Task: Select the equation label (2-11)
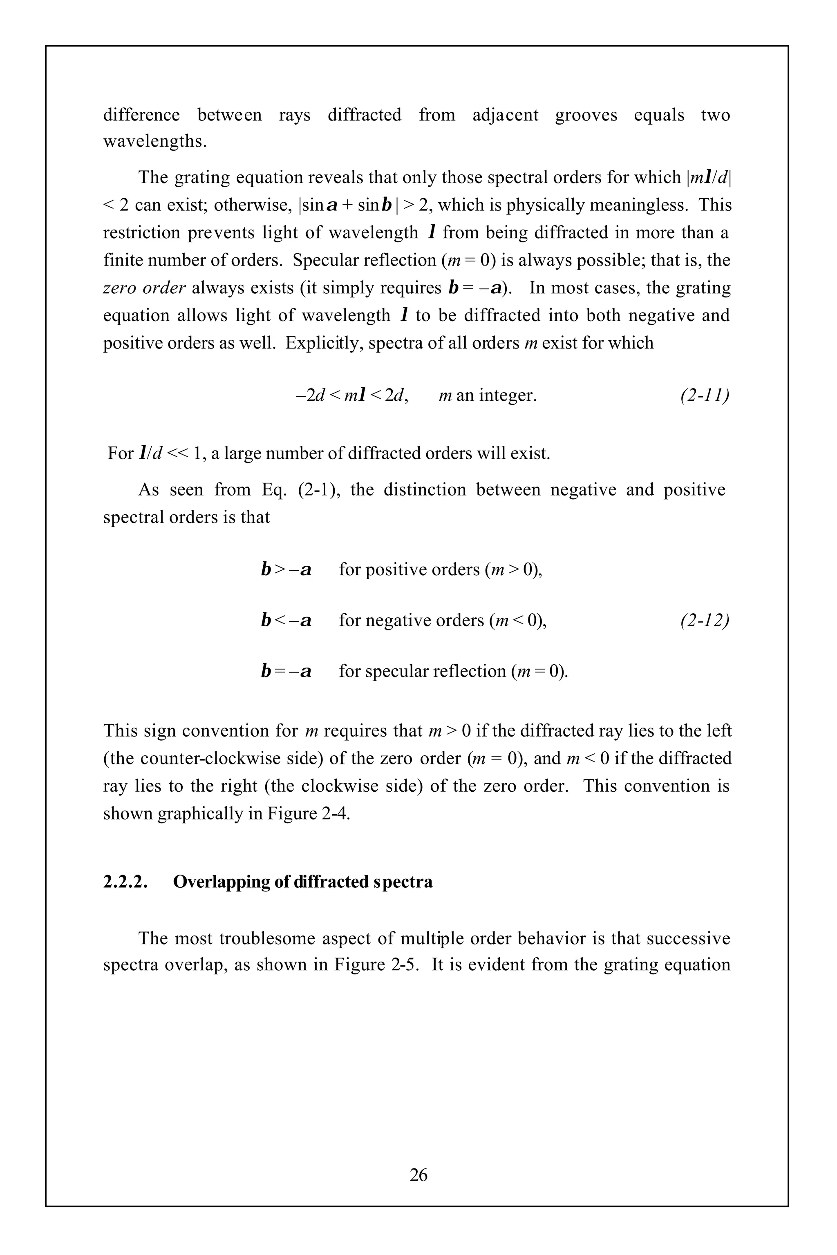pyautogui.click(x=704, y=395)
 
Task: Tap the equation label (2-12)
pyautogui.click(x=704, y=620)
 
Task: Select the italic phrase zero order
pyautogui.click(x=144, y=288)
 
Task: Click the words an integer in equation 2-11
pyautogui.click(x=497, y=395)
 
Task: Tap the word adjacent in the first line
pyautogui.click(x=505, y=115)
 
